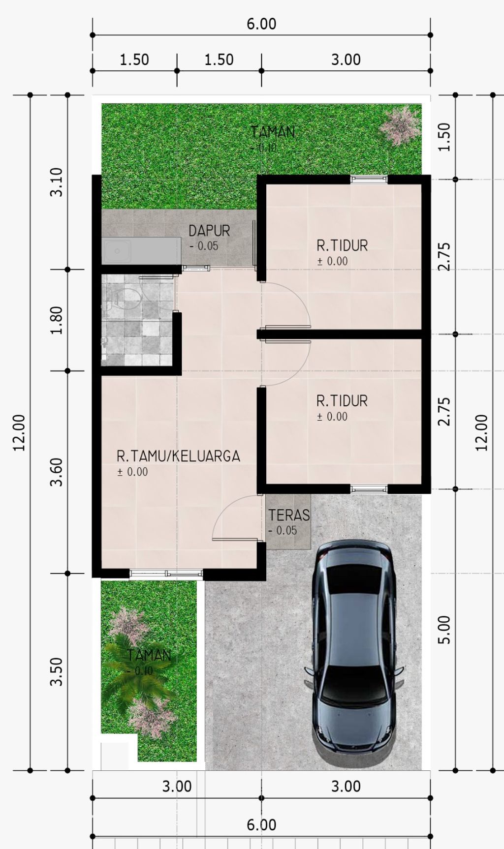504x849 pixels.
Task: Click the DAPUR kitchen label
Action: tap(209, 231)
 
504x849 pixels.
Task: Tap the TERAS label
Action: tap(289, 515)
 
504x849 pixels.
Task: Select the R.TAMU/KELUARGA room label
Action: tap(178, 456)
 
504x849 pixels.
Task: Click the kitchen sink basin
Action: tap(117, 251)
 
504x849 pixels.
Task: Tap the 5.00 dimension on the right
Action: tap(444, 630)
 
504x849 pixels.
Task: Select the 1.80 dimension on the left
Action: tap(57, 320)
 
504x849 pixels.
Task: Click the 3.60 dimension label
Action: tap(57, 472)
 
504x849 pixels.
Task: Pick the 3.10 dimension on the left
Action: tap(57, 182)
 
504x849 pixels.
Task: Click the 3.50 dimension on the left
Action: tap(57, 672)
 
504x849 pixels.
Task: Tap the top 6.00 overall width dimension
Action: tap(261, 24)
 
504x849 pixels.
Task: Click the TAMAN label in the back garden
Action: tap(273, 132)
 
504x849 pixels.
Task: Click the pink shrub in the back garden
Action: tap(400, 125)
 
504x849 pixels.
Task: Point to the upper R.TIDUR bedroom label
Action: tap(342, 245)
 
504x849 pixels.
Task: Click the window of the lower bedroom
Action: tap(369, 489)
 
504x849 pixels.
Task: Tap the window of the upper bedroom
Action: tap(369, 179)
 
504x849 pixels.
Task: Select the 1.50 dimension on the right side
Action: tap(444, 137)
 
